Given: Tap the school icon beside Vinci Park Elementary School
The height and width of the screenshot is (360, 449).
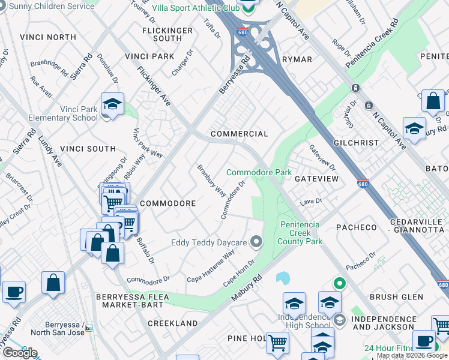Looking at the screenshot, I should coord(112,104).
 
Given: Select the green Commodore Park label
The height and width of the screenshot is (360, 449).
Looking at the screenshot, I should coord(259,172).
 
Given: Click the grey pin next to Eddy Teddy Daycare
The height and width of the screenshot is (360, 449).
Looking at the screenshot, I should coord(257,242).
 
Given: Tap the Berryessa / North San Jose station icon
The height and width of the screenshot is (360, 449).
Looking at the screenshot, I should coord(88,328).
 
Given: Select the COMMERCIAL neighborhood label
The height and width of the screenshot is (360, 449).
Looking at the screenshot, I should coord(239,134).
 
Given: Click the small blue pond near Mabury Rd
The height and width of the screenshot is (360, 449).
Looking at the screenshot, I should coord(282,278).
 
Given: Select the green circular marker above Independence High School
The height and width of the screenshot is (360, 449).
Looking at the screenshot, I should coord(339,283).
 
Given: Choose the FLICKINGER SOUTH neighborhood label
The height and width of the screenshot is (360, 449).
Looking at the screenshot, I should coord(167,34).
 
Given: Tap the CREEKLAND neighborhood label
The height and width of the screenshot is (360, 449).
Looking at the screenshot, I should coord(172,323).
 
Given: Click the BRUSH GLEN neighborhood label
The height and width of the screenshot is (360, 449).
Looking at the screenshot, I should coord(393,296).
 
